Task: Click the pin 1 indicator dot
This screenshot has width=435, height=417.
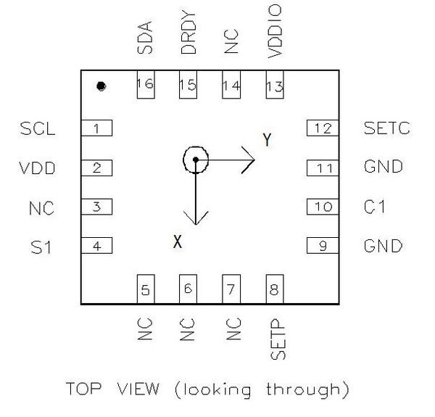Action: (101, 86)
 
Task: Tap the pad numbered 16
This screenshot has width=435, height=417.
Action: (146, 84)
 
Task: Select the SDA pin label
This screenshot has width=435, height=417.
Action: (145, 38)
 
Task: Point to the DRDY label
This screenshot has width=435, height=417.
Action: (188, 33)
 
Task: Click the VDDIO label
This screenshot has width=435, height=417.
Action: (275, 31)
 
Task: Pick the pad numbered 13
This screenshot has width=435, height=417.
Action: (275, 84)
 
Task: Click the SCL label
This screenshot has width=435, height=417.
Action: (38, 128)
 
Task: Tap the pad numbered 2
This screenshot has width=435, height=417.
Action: (96, 168)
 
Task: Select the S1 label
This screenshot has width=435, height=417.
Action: (41, 247)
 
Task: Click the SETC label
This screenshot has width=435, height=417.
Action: (386, 128)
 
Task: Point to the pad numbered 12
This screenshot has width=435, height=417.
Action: (323, 128)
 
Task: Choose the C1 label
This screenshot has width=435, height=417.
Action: (375, 207)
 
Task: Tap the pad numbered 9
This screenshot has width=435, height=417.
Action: (323, 246)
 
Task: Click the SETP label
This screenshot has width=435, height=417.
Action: (278, 339)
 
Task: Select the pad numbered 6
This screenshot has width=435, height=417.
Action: (188, 289)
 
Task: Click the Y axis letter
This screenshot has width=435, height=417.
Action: (267, 140)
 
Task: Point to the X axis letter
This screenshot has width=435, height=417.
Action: (178, 241)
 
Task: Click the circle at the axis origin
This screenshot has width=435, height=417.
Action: (196, 160)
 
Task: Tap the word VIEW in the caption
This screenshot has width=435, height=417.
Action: (138, 388)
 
